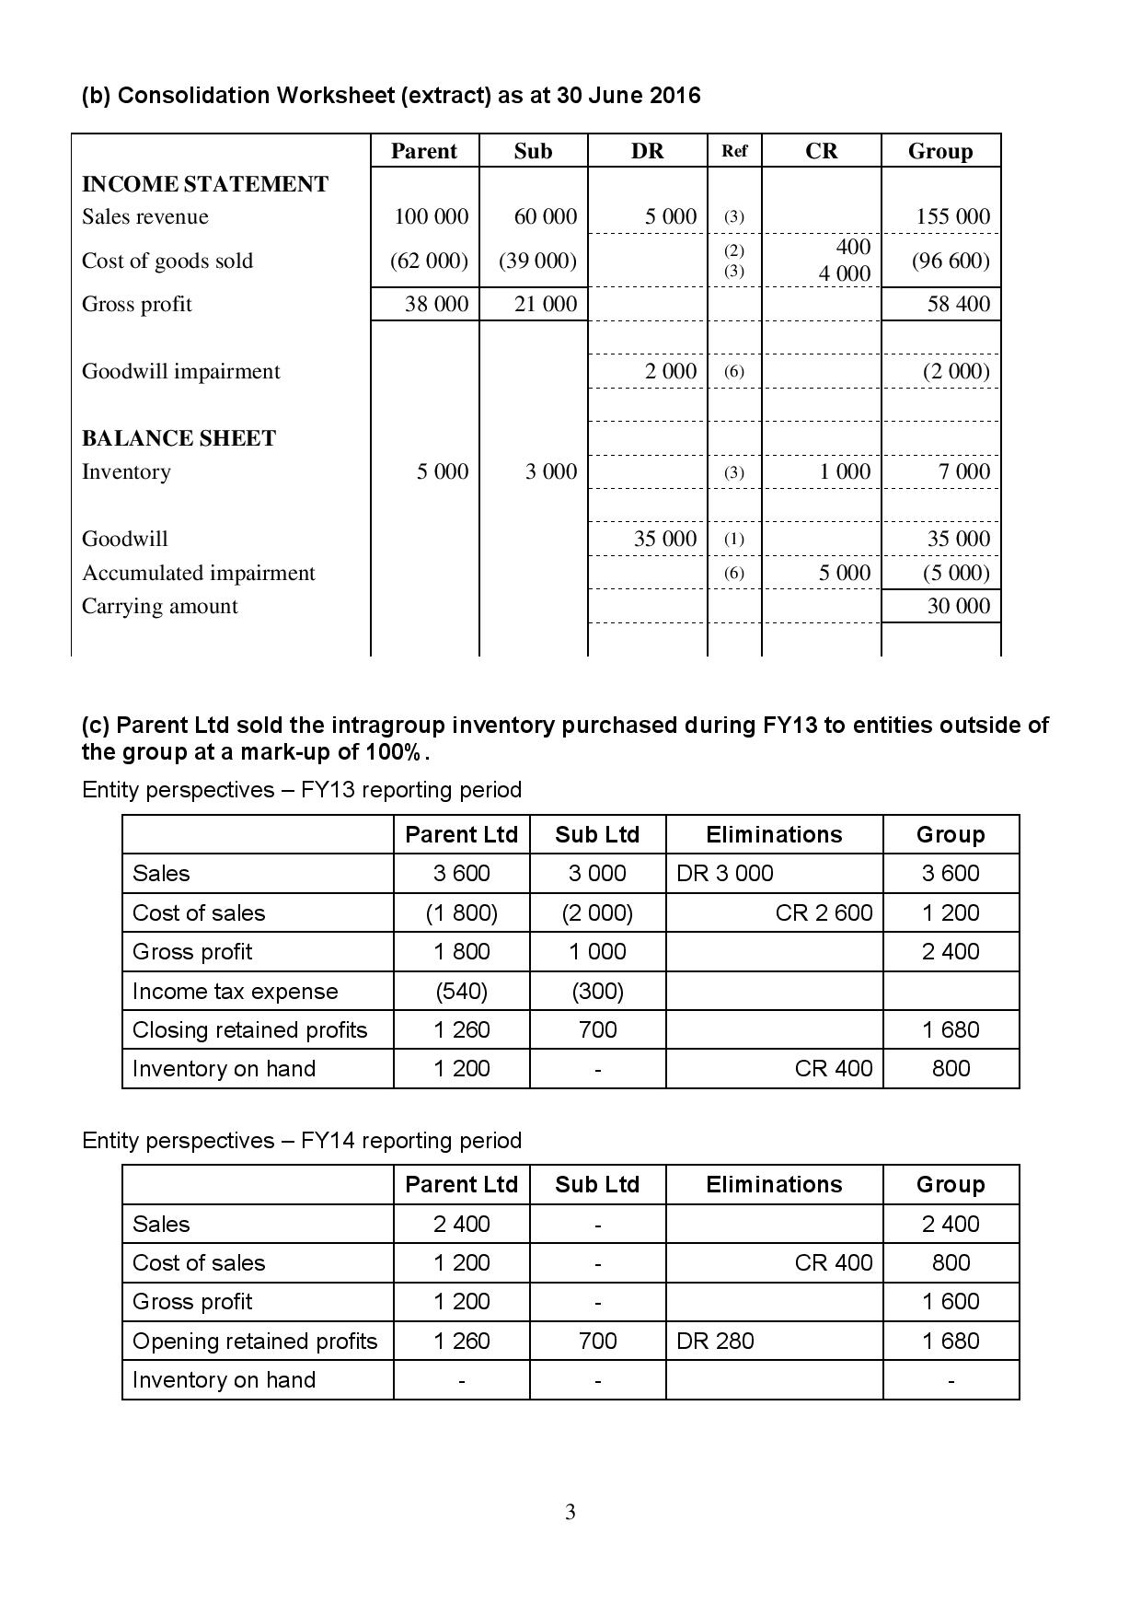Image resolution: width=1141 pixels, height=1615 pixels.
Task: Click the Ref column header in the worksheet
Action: [x=734, y=151]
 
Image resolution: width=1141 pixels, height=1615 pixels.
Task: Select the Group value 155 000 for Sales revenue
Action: [x=952, y=216]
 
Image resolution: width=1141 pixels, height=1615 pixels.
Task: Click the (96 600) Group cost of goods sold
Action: [x=951, y=261]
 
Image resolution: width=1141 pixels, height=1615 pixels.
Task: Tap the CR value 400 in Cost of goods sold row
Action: [x=853, y=247]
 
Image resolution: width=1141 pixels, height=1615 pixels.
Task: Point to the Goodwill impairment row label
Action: [x=180, y=371]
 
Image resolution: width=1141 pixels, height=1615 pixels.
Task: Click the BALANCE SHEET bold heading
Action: [x=179, y=438]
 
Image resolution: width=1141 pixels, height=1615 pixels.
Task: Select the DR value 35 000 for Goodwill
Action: [x=664, y=539]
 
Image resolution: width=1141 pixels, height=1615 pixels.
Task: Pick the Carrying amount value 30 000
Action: [x=958, y=606]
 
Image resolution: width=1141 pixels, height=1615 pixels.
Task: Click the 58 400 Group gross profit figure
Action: [x=958, y=304]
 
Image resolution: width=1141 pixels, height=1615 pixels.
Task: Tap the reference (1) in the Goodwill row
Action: [x=733, y=539]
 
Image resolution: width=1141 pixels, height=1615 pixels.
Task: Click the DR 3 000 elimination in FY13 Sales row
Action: [x=724, y=873]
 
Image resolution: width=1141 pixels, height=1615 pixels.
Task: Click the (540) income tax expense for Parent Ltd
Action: [x=461, y=991]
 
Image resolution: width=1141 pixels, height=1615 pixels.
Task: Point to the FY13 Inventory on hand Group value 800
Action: [x=951, y=1068]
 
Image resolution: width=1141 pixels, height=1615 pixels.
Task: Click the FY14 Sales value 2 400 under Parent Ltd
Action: [x=461, y=1224]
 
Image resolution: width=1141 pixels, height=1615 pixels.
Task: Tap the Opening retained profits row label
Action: [x=255, y=1341]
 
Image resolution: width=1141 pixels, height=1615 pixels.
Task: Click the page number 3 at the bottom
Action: [x=570, y=1512]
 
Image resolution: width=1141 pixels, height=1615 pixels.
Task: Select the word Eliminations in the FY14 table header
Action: [x=774, y=1184]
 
